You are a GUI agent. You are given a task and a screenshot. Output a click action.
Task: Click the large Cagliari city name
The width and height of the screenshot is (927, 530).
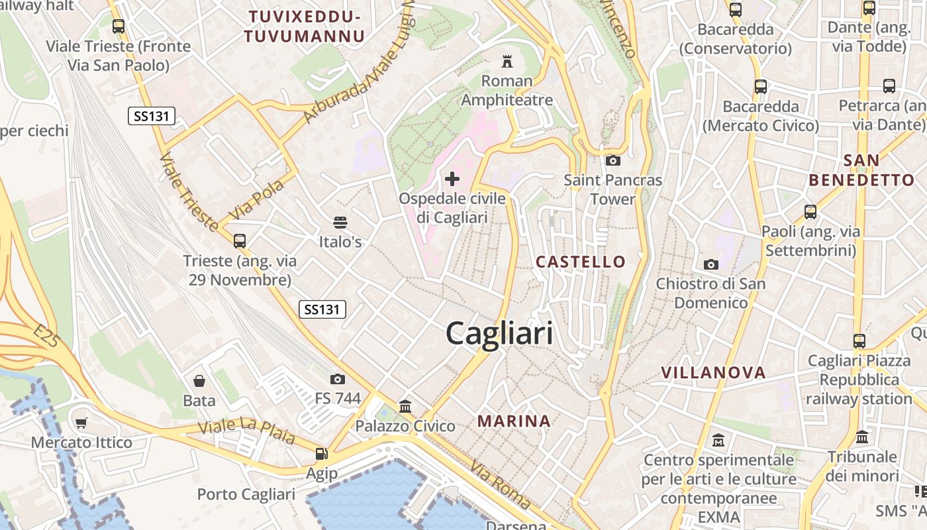pos(499,333)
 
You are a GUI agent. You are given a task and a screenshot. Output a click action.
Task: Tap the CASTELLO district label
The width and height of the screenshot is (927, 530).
pos(581,262)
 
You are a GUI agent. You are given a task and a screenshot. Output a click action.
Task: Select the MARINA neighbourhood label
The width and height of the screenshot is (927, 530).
pos(514,421)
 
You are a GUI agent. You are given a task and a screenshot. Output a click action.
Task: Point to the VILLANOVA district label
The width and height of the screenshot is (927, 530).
pos(713,372)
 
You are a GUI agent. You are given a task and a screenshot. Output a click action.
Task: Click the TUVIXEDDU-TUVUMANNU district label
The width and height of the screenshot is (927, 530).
pos(305,26)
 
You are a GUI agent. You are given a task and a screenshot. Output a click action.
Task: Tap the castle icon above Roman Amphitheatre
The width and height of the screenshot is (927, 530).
pos(507,62)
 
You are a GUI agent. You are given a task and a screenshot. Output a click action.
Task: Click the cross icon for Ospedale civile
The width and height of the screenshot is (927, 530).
pos(452,178)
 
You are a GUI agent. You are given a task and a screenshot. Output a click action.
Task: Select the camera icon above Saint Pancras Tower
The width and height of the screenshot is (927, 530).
pos(613,160)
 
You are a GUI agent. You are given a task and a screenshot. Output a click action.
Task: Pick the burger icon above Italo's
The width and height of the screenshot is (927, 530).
pos(340,222)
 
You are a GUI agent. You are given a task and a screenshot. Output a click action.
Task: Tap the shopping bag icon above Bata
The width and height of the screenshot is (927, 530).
pos(199,381)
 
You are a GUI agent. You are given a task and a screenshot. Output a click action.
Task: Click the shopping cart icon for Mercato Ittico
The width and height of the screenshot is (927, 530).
pos(81,423)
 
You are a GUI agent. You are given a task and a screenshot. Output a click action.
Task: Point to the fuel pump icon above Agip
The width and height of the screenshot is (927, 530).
pos(321,454)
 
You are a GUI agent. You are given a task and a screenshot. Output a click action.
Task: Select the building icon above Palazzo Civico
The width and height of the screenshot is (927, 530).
pos(405,406)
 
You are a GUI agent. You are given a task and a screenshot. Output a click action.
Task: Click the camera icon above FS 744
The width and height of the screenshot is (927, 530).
pos(338,379)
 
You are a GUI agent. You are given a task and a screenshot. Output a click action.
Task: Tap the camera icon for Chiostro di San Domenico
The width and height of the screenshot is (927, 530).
pos(710,265)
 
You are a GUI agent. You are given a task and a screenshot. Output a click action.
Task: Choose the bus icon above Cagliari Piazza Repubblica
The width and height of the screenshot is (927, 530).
pos(859,341)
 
